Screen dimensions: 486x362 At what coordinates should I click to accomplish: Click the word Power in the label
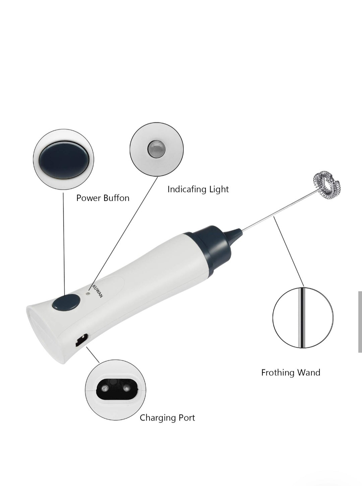(x=88, y=198)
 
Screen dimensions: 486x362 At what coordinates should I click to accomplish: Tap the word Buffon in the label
(x=116, y=198)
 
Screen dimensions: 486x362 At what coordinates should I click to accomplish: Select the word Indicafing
(x=187, y=189)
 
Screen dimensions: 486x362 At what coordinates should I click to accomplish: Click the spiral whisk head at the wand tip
(x=326, y=185)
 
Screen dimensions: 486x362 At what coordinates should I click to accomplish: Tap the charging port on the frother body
(x=81, y=340)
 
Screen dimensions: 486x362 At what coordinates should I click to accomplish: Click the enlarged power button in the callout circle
(x=63, y=160)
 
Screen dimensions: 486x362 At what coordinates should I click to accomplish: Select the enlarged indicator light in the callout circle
(x=156, y=149)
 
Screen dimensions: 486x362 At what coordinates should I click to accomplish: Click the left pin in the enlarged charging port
(x=105, y=389)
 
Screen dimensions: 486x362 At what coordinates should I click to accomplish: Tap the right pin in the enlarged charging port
(x=126, y=389)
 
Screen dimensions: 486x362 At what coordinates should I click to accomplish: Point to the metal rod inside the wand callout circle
(x=302, y=318)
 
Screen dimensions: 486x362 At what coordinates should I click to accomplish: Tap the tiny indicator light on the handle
(x=88, y=293)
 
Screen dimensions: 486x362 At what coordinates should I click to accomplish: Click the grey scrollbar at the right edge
(x=360, y=322)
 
